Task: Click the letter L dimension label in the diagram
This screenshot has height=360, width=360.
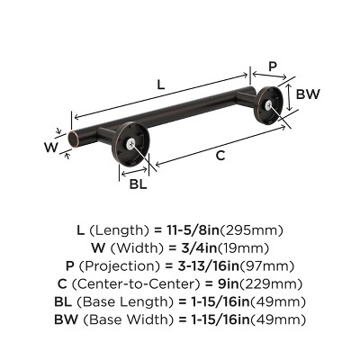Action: [160, 85]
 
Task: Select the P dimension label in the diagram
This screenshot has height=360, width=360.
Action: [273, 66]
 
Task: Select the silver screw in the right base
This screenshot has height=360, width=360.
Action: [269, 104]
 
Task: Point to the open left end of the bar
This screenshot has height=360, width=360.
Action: [73, 139]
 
